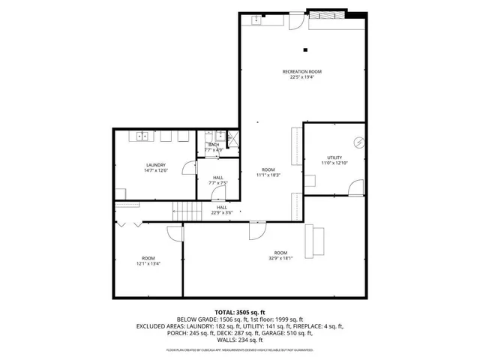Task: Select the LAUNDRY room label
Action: click(x=156, y=165)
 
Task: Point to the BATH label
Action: click(x=214, y=145)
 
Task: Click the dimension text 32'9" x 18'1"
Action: click(x=280, y=258)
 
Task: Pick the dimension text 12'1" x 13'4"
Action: click(x=148, y=263)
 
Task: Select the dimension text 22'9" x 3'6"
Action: click(x=222, y=212)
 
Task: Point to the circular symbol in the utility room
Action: click(x=358, y=142)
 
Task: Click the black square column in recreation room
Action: click(x=304, y=50)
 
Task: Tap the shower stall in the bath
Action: click(x=233, y=137)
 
